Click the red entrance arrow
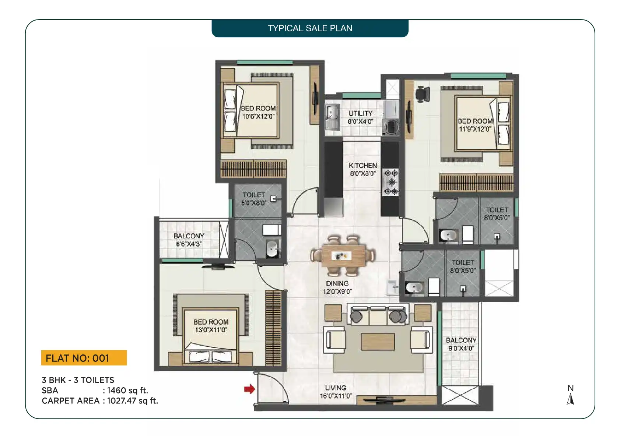pos(249,389)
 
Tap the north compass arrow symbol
pos(571,399)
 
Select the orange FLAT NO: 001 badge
pos(84,358)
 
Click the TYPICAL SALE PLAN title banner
pos(310,28)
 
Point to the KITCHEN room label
pos(362,165)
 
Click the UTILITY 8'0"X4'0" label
pos(360,117)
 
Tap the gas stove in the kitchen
pos(391,182)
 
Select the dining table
pos(343,256)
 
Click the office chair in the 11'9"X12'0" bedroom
pos(423,94)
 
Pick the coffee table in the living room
pos(378,342)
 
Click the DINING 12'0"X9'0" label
pos(337,287)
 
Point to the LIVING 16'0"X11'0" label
pos(336,392)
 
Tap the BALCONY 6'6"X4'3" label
pos(189,240)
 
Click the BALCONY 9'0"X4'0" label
pos(461,344)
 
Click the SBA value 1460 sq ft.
pos(127,390)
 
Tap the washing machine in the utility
pos(391,127)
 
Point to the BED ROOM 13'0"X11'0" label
pos(211,326)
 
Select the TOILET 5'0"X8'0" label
pos(254,199)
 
